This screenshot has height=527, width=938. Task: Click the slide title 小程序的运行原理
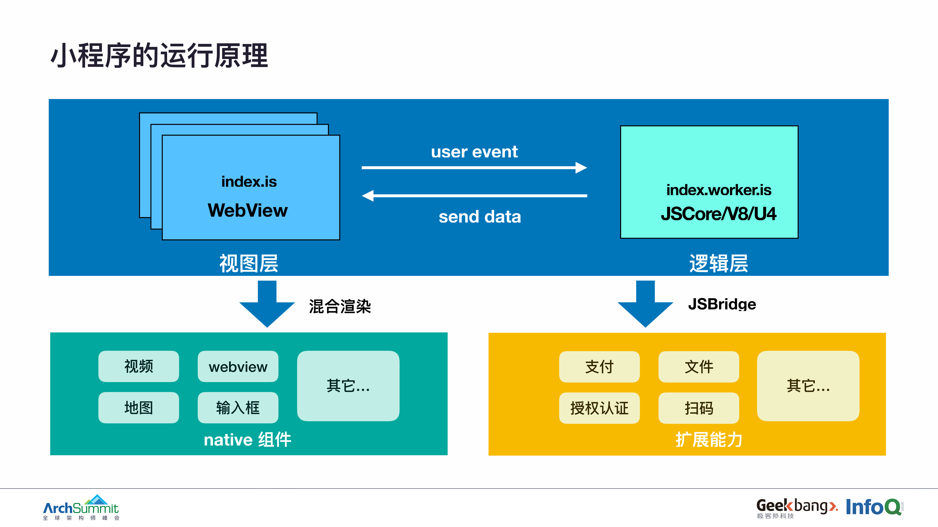pos(159,56)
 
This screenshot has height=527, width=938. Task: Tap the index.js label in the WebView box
pos(249,181)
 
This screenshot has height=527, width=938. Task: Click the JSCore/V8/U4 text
pos(718,213)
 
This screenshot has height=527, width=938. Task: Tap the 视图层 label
pos(249,263)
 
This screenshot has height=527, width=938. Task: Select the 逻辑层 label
pos(718,263)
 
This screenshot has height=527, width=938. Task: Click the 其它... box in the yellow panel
pos(808,386)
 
